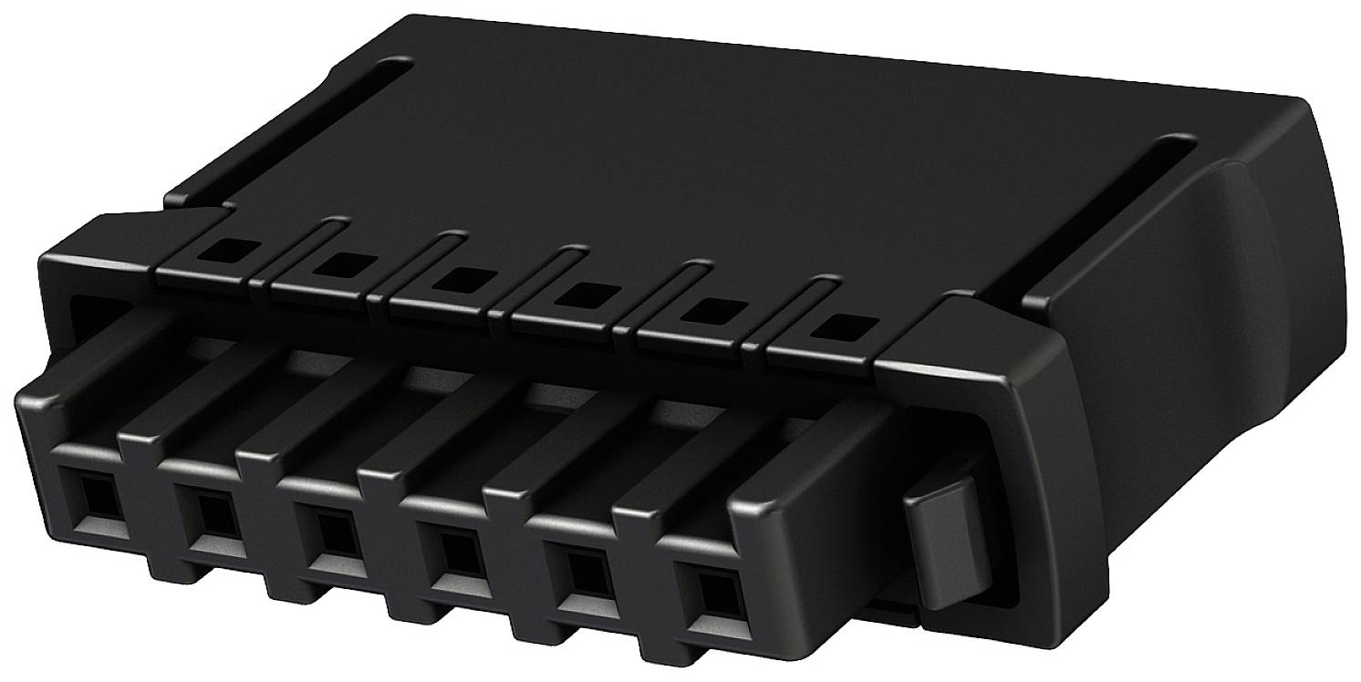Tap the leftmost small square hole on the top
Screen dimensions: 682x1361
(222, 246)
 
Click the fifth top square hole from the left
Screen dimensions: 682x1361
(702, 310)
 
